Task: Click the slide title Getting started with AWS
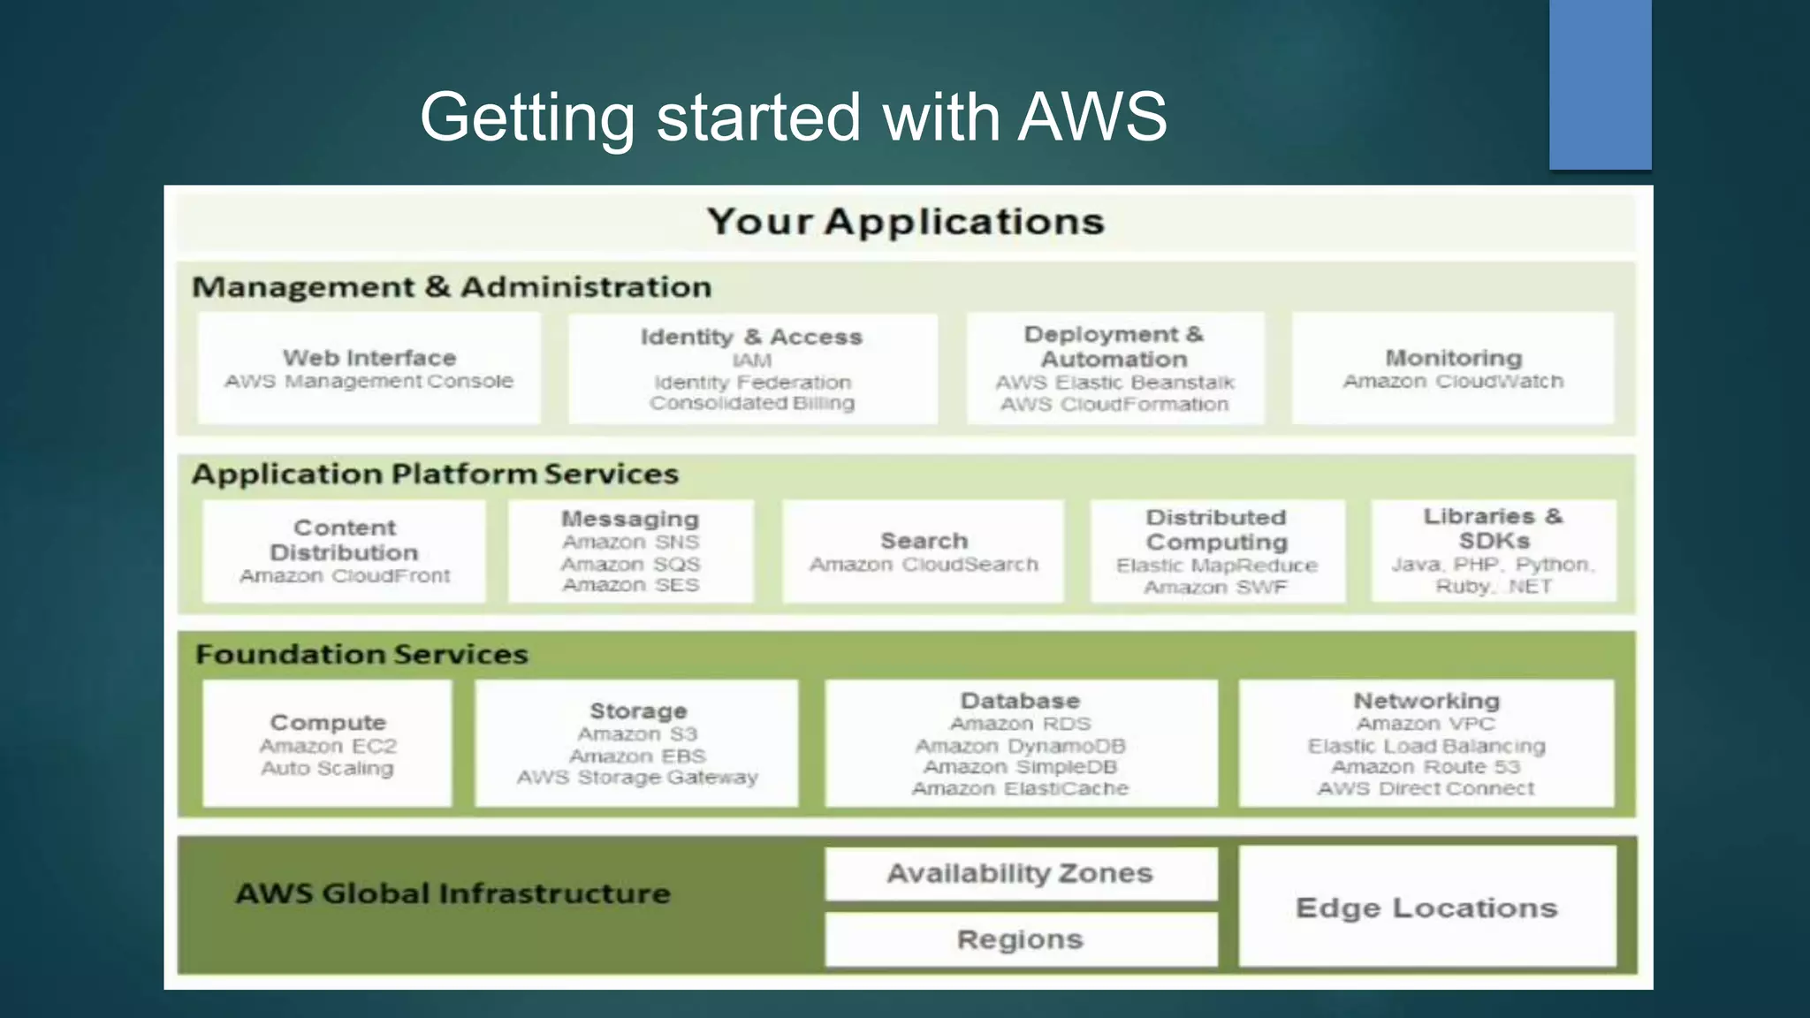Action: click(793, 117)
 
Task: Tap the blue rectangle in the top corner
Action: click(1600, 84)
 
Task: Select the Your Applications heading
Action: click(906, 221)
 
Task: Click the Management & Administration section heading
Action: click(452, 287)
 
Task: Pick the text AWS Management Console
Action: click(369, 381)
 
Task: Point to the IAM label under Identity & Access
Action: click(752, 361)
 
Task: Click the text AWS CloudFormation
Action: click(1114, 405)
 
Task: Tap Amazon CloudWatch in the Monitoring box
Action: click(1453, 381)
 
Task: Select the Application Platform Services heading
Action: click(435, 475)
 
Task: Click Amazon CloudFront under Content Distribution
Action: click(345, 576)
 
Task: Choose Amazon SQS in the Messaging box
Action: click(630, 564)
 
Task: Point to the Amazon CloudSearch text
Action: click(924, 564)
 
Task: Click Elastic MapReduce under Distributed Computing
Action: click(1216, 566)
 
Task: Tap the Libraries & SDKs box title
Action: click(1493, 528)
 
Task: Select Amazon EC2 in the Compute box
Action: click(328, 746)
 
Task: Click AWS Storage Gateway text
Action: click(637, 778)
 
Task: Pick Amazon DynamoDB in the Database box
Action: click(1020, 746)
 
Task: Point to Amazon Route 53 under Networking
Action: click(1426, 767)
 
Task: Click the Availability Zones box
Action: click(1021, 873)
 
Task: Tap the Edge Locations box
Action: click(1426, 908)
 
